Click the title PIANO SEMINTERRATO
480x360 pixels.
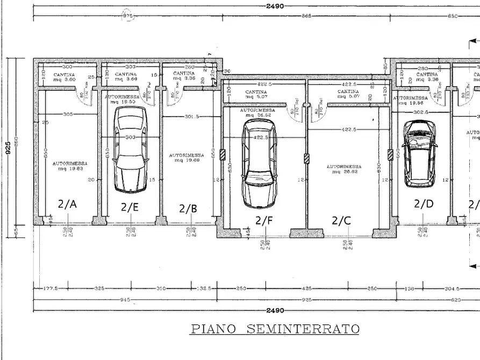[x=275, y=328]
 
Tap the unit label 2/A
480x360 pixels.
[x=67, y=204]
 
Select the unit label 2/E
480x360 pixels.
[x=130, y=206]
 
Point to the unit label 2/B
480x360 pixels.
[x=188, y=208]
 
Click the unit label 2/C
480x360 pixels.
[x=341, y=220]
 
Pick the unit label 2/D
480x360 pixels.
[x=424, y=204]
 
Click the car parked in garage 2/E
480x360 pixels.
[x=131, y=149]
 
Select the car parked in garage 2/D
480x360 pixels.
[x=420, y=153]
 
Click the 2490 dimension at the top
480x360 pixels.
[x=275, y=6]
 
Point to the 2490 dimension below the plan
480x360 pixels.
[x=275, y=311]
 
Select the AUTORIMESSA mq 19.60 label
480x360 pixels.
[x=185, y=157]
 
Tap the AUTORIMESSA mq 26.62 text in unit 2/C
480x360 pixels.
[x=344, y=169]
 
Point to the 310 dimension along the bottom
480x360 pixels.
[x=161, y=289]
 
